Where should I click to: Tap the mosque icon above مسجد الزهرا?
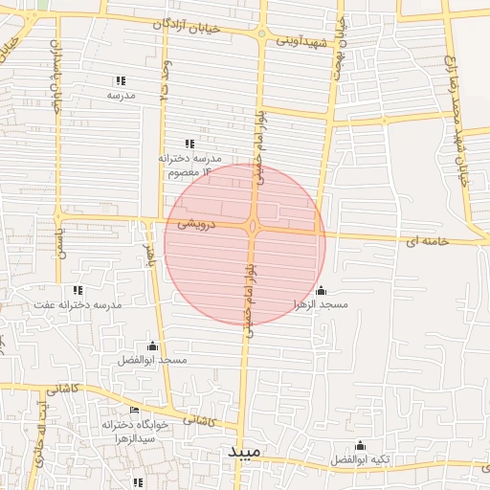coord(321,290)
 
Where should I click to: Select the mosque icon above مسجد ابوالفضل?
coord(152,345)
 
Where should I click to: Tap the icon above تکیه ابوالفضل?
coord(360,445)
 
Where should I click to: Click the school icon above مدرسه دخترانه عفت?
coord(78,289)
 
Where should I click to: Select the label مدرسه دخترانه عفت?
coord(78,304)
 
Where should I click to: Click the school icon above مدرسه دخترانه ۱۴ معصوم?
coord(200,144)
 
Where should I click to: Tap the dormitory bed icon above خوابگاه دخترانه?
coord(134,410)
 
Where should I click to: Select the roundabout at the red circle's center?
coord(253,227)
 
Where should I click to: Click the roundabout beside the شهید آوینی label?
coord(262,34)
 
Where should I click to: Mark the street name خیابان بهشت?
coord(338,59)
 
